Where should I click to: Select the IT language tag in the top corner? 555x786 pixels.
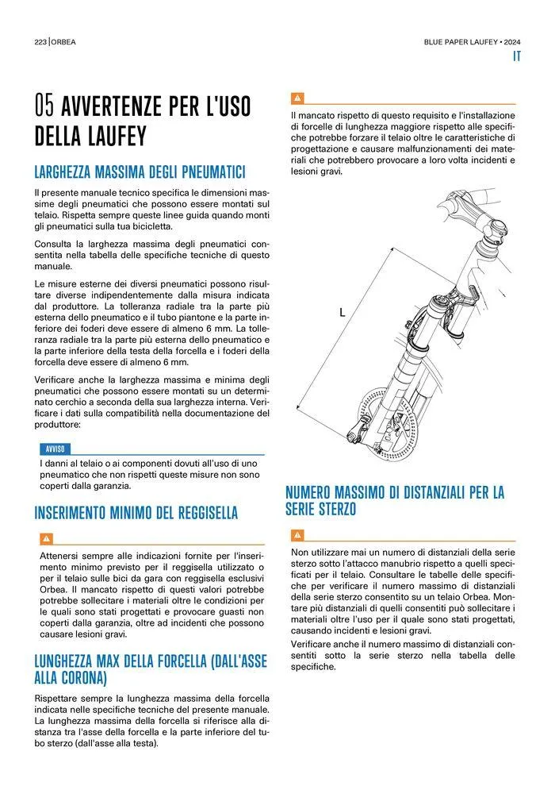[x=515, y=56]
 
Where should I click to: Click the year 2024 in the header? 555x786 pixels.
[x=511, y=41]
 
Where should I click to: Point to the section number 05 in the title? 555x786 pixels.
[x=44, y=105]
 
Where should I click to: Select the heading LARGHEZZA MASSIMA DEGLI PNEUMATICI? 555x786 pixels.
[x=140, y=172]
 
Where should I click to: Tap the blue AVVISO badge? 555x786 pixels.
[x=55, y=448]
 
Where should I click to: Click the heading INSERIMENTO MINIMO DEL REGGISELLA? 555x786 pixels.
[x=136, y=513]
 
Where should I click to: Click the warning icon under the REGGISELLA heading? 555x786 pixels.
[x=46, y=537]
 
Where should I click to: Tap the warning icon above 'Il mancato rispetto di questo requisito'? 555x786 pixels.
[x=297, y=98]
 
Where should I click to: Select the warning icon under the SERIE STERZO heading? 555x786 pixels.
[x=297, y=534]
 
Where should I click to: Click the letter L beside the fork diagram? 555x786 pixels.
[x=343, y=313]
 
